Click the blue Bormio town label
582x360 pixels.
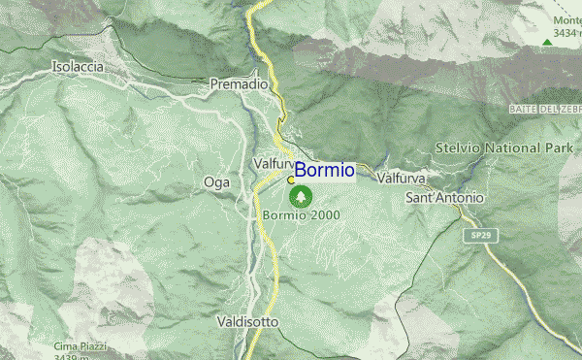tap(325, 171)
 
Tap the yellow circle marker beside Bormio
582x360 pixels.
tap(291, 180)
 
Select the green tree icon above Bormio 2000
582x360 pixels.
tap(303, 197)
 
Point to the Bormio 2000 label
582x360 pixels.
tap(301, 214)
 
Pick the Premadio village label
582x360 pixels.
tap(239, 85)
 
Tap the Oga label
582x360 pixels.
tap(215, 181)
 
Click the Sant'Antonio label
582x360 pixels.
tap(444, 198)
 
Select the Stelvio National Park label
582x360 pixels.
tap(503, 149)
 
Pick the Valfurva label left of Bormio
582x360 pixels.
tap(273, 165)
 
